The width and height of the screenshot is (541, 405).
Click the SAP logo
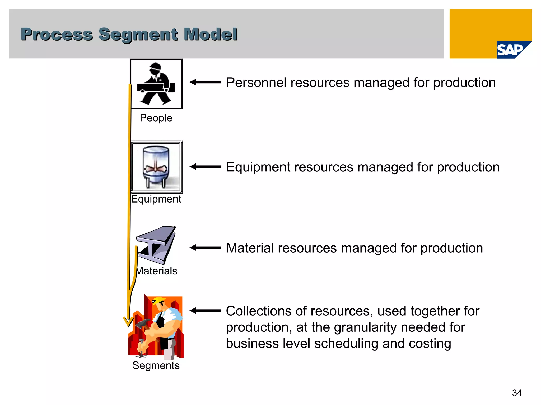(511, 50)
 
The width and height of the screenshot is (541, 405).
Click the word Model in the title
(211, 34)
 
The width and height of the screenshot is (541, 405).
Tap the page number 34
(517, 393)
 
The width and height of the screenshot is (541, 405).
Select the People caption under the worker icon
(156, 118)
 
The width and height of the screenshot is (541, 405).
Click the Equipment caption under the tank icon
(156, 199)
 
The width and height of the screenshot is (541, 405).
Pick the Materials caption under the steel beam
(157, 271)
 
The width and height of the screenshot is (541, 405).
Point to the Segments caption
(156, 365)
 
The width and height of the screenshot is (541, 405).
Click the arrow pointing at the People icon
(205, 82)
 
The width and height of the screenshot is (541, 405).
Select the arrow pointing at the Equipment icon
(205, 167)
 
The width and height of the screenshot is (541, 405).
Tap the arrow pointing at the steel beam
(205, 248)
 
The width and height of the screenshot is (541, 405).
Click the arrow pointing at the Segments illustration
(205, 311)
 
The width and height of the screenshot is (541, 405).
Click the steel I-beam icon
(156, 245)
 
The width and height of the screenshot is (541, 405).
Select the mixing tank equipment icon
(156, 167)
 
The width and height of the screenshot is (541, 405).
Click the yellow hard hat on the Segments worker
(158, 301)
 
